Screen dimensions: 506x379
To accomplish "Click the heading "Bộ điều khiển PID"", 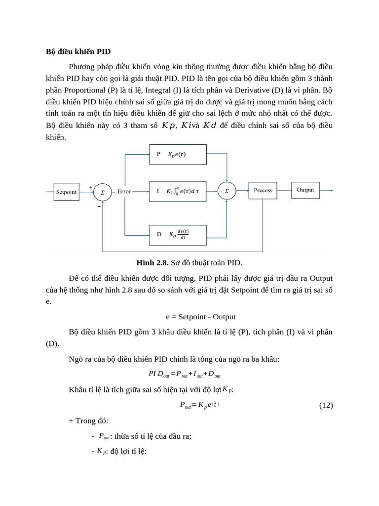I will click(x=78, y=52).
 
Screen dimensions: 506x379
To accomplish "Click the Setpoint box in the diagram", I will click(x=66, y=192).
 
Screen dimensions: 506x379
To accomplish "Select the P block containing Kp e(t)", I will click(x=178, y=154).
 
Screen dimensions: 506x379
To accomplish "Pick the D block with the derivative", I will click(x=178, y=234).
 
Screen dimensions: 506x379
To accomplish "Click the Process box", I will click(x=263, y=190).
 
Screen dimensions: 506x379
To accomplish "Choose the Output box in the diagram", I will click(x=305, y=190).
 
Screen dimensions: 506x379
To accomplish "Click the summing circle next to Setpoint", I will click(x=102, y=192).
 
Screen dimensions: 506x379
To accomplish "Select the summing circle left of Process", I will click(x=227, y=191).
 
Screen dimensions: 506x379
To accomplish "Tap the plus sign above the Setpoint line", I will click(x=91, y=187).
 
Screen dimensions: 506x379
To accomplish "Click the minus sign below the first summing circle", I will click(x=99, y=207).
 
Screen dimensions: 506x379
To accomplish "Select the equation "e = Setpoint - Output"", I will click(x=200, y=316).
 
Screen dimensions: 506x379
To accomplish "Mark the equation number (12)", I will click(x=326, y=405).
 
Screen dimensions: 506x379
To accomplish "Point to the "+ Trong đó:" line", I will click(x=89, y=421).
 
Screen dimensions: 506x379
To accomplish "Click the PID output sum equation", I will click(x=185, y=374).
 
